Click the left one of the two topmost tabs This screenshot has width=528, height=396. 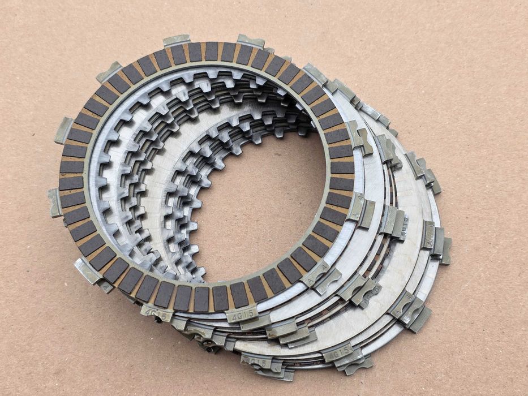click(x=177, y=41)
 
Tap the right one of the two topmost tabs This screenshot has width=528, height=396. click(x=251, y=41)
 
